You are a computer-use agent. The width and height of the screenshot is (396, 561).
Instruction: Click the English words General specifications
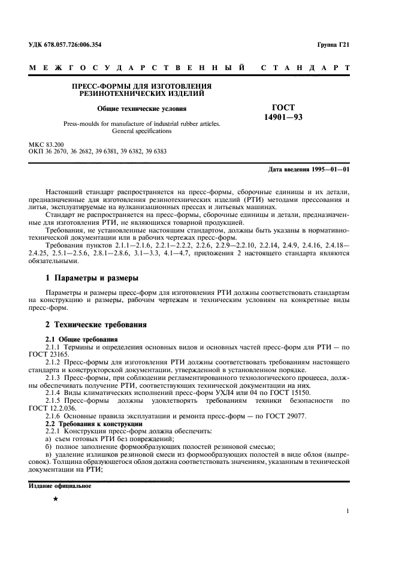pos(142,131)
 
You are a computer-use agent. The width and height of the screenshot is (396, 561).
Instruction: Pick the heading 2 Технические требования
pos(96,324)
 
